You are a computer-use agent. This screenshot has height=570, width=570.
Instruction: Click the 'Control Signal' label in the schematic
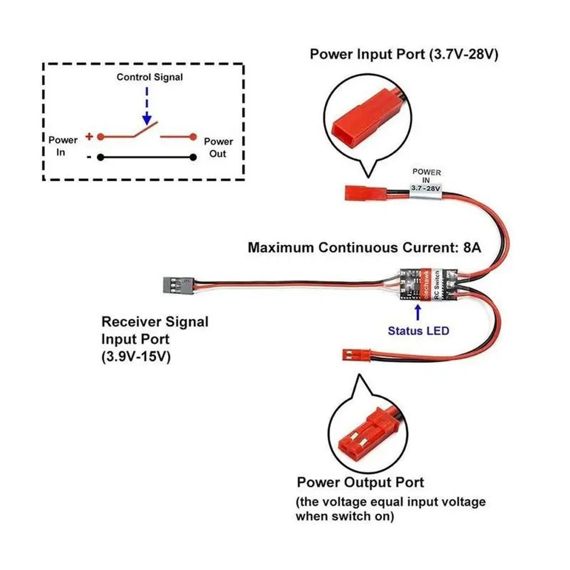coord(150,77)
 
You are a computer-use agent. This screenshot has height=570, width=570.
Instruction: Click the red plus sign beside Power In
coord(89,136)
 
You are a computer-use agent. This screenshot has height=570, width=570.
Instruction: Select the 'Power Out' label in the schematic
coord(218,147)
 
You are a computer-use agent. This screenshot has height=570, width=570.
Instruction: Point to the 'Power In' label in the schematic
coord(63,146)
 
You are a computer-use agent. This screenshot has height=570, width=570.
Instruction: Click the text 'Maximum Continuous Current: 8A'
coord(364,248)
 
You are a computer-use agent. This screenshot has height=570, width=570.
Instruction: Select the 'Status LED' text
coord(418,331)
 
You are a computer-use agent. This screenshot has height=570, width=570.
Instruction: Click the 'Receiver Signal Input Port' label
coord(154,330)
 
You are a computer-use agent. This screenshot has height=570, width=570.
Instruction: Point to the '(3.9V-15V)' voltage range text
coord(137,357)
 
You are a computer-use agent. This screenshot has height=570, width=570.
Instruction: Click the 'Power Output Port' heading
coord(360,483)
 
